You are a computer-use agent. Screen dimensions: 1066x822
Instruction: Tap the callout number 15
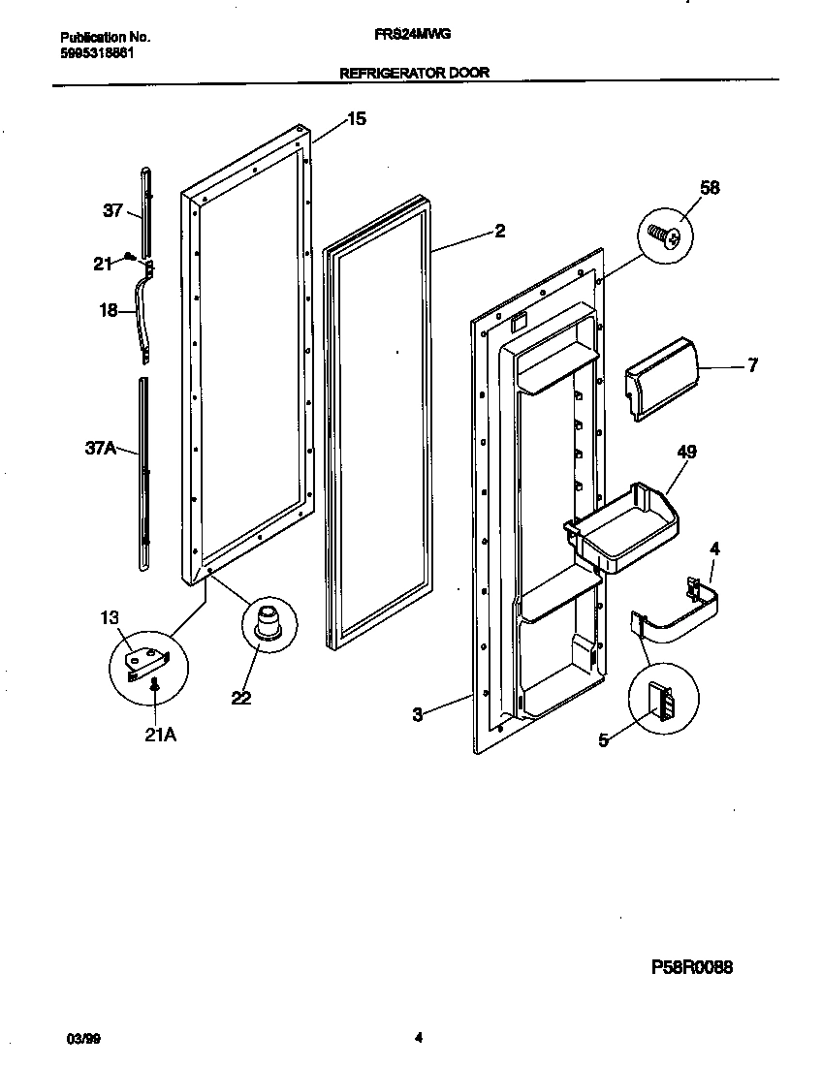(x=357, y=119)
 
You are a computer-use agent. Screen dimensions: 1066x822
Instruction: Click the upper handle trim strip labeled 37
(x=145, y=208)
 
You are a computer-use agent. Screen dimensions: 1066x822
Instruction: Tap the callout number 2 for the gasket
(x=499, y=231)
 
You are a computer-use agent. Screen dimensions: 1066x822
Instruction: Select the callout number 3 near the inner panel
(x=417, y=715)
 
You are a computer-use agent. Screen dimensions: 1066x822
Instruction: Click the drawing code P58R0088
(x=691, y=967)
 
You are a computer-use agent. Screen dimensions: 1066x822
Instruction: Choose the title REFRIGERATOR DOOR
(x=413, y=72)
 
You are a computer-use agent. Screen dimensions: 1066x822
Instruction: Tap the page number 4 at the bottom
(x=419, y=1040)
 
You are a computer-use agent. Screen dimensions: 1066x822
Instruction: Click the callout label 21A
(x=159, y=735)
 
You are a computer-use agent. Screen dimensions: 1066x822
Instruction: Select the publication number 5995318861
(x=90, y=53)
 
